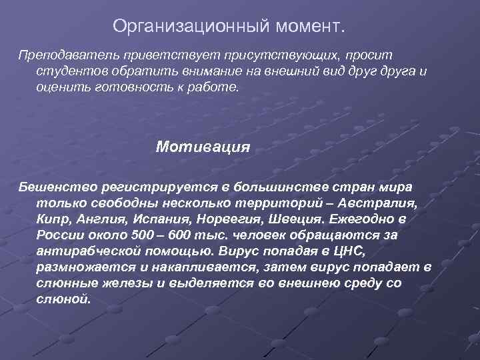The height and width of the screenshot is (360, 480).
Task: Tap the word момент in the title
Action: click(x=307, y=26)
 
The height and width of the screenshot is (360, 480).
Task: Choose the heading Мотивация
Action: click(x=203, y=146)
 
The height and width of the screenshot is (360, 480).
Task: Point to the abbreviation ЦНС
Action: click(x=347, y=250)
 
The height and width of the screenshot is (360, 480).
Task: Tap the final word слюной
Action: click(x=63, y=298)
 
